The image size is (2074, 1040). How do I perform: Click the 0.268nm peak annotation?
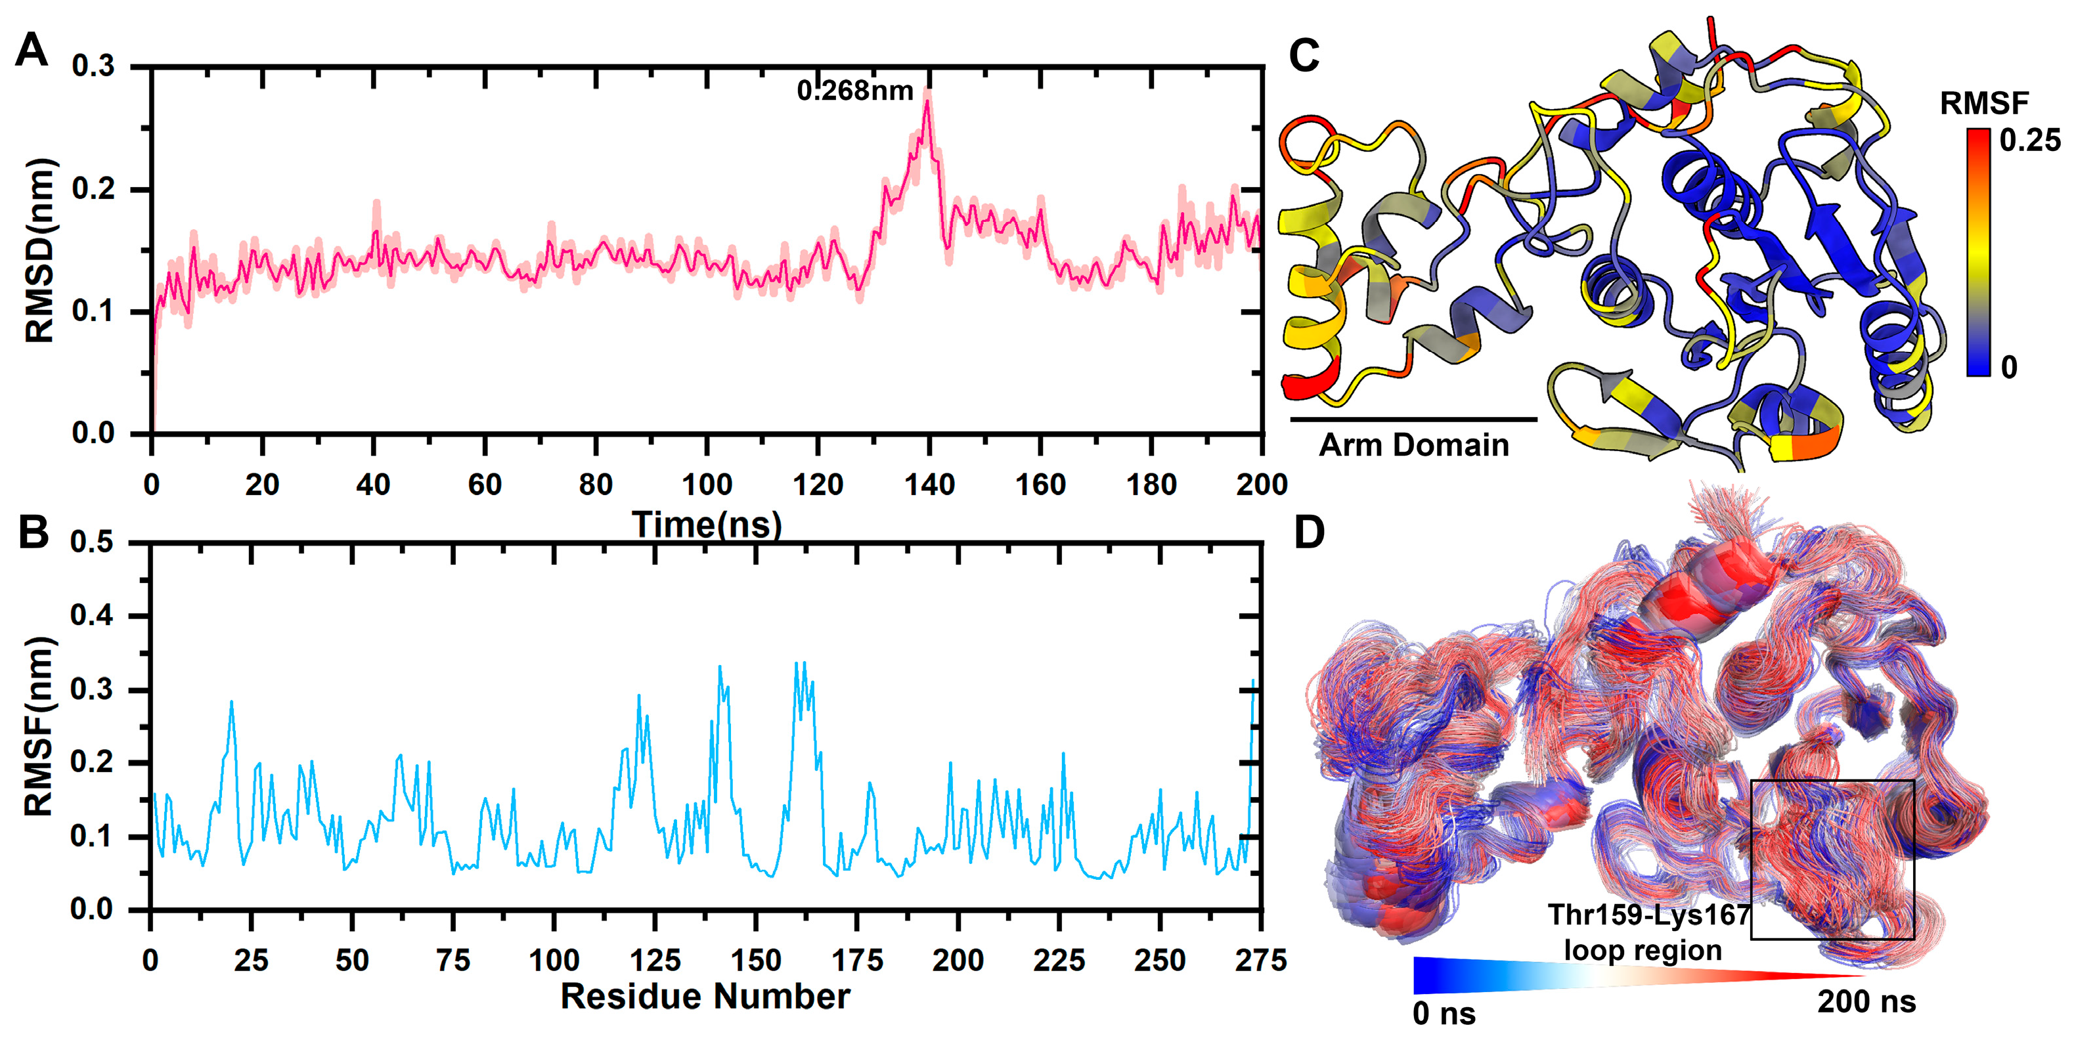click(855, 91)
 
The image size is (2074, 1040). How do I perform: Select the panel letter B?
click(33, 533)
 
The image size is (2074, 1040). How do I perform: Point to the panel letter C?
click(1304, 56)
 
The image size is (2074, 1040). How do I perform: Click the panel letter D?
click(1309, 533)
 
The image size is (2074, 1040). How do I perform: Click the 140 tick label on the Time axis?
click(929, 485)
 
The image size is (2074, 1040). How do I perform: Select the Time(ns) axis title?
click(706, 525)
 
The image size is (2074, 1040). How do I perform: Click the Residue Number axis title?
click(705, 997)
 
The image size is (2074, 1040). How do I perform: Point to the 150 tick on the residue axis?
click(756, 959)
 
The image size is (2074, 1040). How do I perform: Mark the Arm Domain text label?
click(1414, 445)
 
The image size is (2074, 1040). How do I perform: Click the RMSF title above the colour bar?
click(1984, 103)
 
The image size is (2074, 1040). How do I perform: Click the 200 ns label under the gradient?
click(1866, 1002)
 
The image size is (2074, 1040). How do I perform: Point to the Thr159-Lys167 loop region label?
click(1647, 933)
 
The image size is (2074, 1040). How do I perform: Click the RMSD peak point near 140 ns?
click(927, 103)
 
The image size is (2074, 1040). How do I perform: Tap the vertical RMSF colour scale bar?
click(1978, 251)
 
